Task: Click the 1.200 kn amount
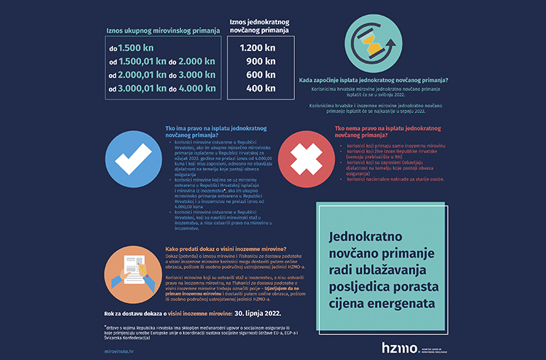pyautogui.click(x=257, y=48)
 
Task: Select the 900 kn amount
pyautogui.click(x=260, y=61)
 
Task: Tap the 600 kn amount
pyautogui.click(x=260, y=75)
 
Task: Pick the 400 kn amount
pyautogui.click(x=260, y=88)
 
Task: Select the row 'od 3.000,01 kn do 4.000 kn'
pyautogui.click(x=161, y=88)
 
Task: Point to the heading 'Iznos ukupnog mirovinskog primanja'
pyautogui.click(x=163, y=31)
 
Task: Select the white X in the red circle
pyautogui.click(x=302, y=155)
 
